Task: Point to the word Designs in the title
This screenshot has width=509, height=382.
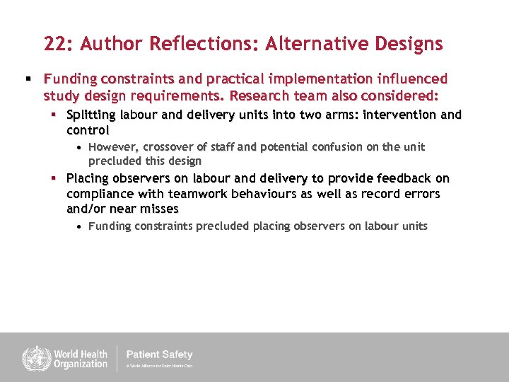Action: [x=406, y=45]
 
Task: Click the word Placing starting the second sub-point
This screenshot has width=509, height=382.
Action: [x=87, y=178]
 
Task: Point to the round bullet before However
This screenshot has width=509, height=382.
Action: [x=80, y=148]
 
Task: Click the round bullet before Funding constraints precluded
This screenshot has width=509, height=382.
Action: [x=80, y=227]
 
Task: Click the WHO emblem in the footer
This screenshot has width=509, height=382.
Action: [x=33, y=358]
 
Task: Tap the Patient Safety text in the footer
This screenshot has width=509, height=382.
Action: [x=159, y=354]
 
